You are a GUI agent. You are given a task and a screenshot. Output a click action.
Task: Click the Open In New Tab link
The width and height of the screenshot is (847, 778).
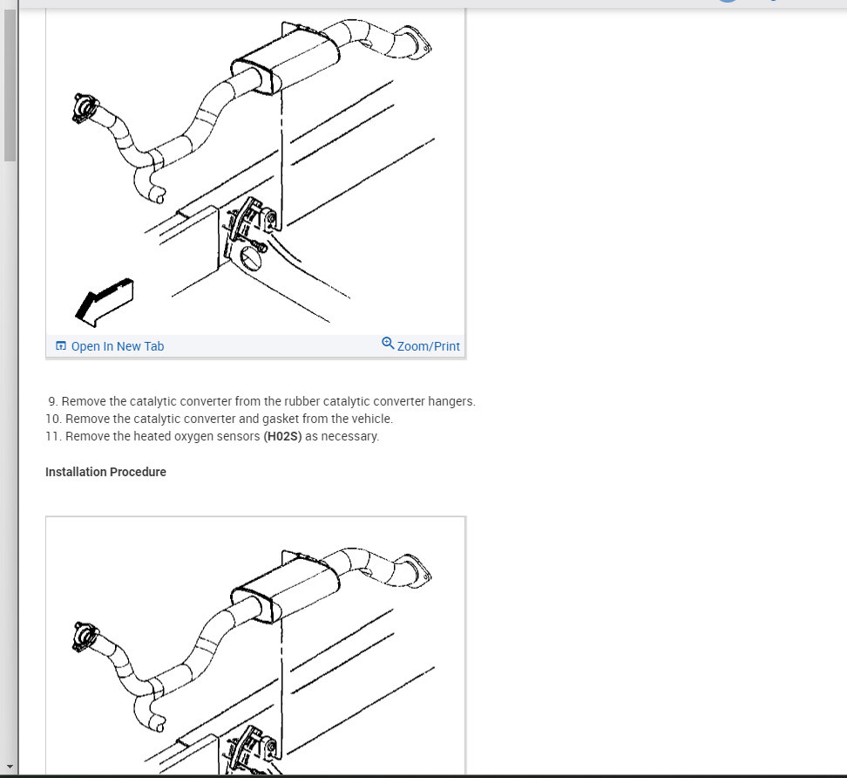point(118,346)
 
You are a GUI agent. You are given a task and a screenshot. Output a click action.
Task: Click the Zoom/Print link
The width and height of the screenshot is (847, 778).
point(429,346)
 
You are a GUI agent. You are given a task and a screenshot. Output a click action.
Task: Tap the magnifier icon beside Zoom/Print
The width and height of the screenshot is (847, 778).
point(388,344)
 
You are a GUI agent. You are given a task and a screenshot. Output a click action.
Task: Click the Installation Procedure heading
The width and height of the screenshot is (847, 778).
point(106,472)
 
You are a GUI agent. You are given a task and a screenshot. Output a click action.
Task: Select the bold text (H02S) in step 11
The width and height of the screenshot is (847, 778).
point(282,436)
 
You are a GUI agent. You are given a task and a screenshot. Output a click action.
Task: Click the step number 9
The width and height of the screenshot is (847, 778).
point(52,402)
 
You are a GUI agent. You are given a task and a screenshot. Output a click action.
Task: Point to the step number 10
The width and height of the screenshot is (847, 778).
point(53,419)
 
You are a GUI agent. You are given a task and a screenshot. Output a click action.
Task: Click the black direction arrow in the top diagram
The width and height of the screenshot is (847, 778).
point(105,302)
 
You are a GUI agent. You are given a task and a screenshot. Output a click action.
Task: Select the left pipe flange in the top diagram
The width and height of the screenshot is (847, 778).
point(85,108)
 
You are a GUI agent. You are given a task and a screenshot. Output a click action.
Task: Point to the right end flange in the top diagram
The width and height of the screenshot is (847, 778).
point(417,41)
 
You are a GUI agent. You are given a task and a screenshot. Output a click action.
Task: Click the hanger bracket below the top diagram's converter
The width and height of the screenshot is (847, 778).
point(251,222)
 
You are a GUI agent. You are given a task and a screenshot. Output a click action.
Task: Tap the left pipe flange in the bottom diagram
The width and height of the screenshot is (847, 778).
point(85,637)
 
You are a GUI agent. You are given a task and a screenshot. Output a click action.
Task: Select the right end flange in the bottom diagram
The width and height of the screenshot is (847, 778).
point(417,570)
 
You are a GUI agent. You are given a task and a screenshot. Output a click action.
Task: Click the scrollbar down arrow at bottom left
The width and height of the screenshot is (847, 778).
point(10,766)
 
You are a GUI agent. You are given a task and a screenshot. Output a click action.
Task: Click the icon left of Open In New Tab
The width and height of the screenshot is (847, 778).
point(61,345)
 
